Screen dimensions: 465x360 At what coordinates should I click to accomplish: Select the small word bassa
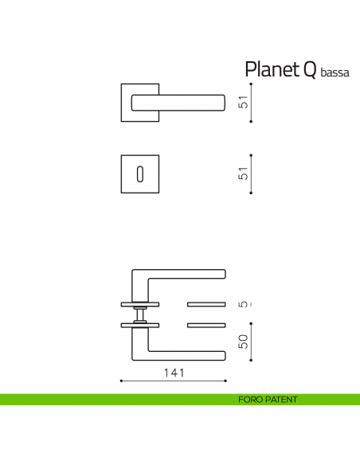(x=335, y=72)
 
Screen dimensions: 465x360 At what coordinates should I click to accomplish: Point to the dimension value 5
(x=244, y=304)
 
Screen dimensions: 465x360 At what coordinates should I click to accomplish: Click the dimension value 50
(x=244, y=341)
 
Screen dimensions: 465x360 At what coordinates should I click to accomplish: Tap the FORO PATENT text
(x=267, y=399)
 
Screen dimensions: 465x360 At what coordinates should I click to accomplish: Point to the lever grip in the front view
(x=191, y=100)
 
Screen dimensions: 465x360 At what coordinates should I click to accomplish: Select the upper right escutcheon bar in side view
(x=206, y=304)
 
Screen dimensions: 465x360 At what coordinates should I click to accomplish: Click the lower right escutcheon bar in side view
(x=206, y=325)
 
